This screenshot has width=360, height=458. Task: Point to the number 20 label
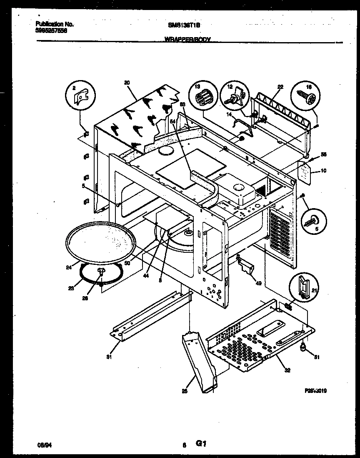[x=126, y=83]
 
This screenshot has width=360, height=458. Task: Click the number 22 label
[x=280, y=86]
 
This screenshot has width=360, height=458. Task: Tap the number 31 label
[x=109, y=357]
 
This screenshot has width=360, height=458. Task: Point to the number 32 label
[x=287, y=370]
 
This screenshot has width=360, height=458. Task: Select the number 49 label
[x=258, y=284]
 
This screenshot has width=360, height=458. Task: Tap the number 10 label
[x=324, y=171]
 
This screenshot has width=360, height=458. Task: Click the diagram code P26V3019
[x=315, y=391]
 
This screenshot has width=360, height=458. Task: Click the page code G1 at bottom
[x=201, y=445]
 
